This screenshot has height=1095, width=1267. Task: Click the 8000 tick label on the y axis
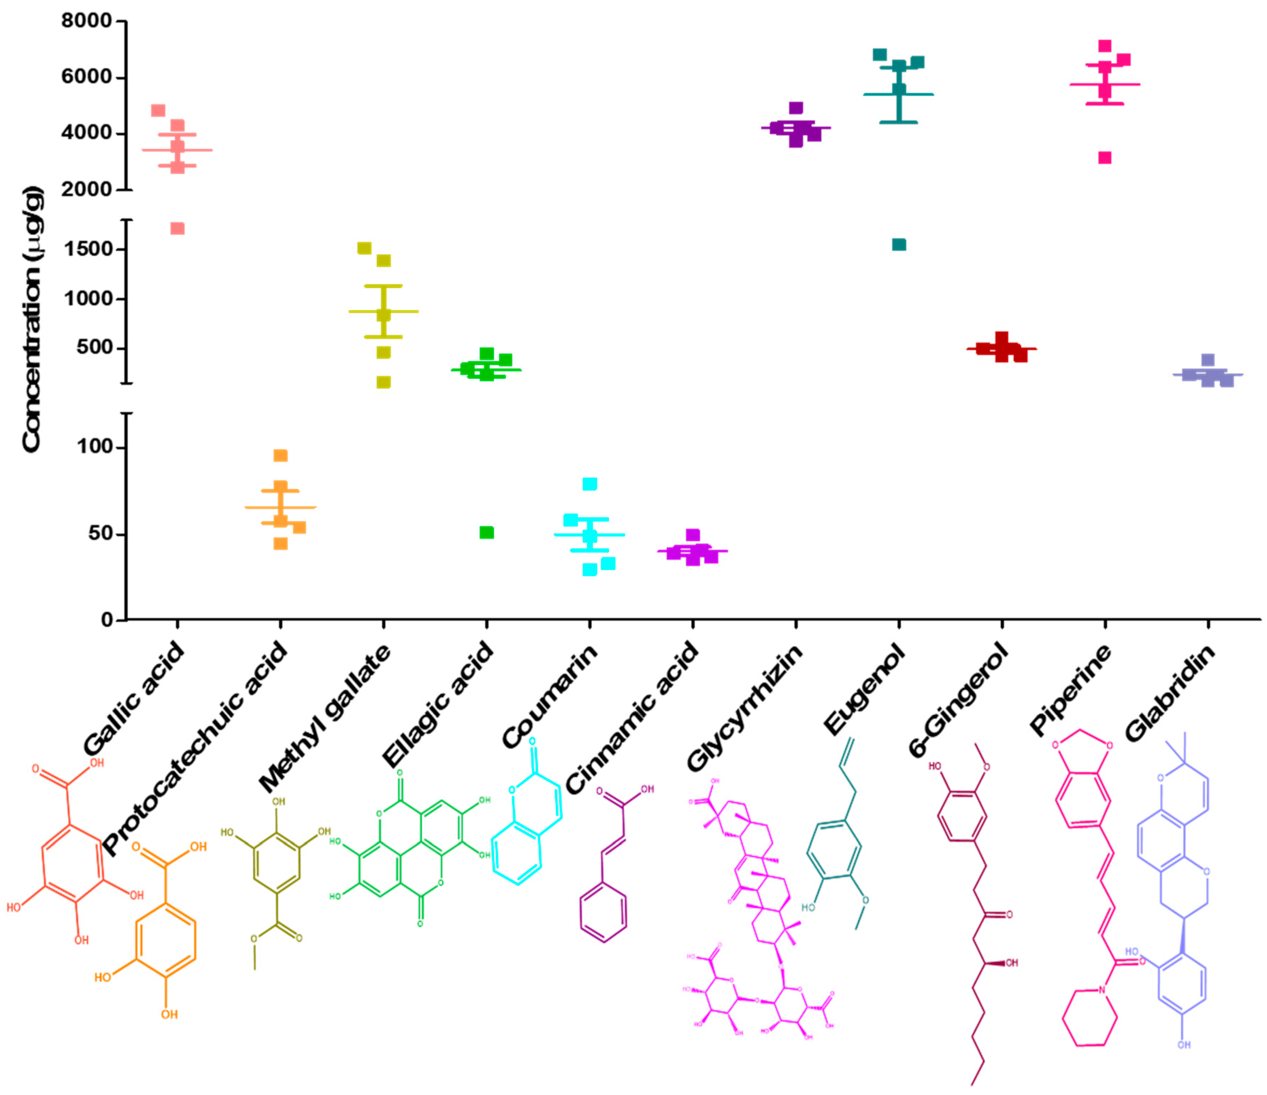point(86,21)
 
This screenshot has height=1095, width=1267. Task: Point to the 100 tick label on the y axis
point(95,447)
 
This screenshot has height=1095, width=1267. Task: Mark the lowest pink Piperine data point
point(1104,158)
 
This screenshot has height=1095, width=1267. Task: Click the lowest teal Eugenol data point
point(899,244)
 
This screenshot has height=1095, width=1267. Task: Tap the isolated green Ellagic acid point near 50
point(486,533)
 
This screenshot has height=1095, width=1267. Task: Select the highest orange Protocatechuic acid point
point(281,455)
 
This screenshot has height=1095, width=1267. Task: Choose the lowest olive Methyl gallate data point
point(383,382)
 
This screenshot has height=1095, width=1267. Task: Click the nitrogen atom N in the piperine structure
point(1101,990)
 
